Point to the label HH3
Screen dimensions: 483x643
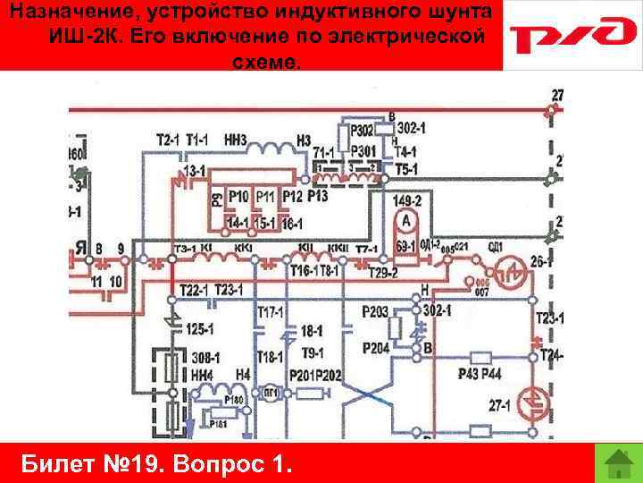click(x=236, y=140)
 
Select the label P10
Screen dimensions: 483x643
click(x=238, y=196)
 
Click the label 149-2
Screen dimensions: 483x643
click(x=408, y=200)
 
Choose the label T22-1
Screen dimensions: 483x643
click(x=193, y=290)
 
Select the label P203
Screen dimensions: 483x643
click(x=375, y=310)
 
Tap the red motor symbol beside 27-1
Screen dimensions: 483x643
click(x=534, y=403)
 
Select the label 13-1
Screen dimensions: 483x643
click(x=194, y=169)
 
